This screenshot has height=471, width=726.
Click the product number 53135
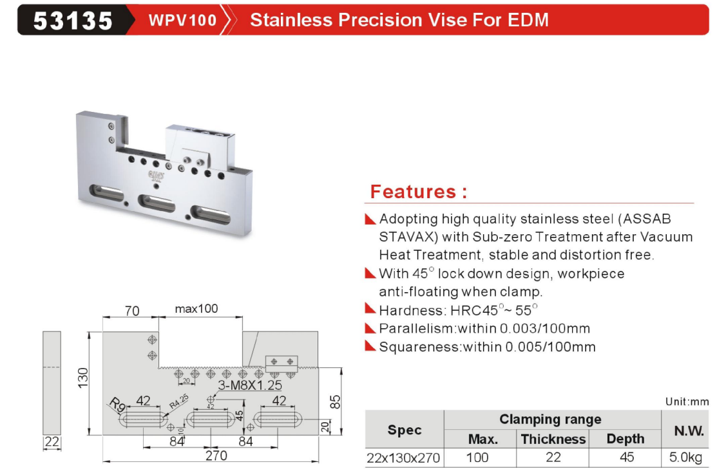73,21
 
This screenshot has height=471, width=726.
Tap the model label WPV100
182,21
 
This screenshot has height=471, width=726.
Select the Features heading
419,192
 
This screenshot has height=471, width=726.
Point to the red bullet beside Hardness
370,309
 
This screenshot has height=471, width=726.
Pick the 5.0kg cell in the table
685,457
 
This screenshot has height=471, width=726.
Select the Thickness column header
553,439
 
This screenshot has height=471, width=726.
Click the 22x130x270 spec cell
403,458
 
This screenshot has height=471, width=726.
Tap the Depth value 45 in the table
626,457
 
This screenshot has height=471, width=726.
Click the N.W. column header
689,430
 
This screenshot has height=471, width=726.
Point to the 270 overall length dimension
216,456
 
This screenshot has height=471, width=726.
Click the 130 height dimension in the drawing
83,378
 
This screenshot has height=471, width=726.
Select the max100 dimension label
196,309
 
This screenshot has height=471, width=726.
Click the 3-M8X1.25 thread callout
250,385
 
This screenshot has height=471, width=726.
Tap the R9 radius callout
117,405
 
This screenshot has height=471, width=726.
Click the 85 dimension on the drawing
335,402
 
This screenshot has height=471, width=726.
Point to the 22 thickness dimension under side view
52,442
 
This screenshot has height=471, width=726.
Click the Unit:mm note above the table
687,402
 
